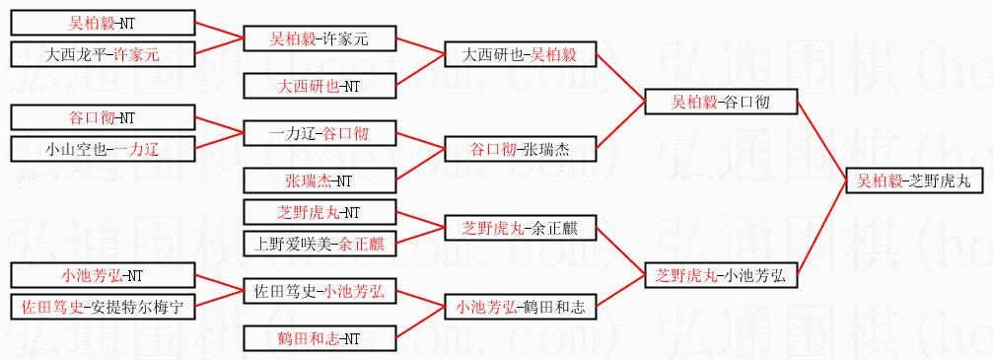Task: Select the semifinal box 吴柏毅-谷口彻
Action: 721,102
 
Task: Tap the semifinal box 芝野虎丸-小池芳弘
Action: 721,276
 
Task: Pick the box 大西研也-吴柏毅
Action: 521,54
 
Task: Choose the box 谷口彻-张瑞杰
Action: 521,150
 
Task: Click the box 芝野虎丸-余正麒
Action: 521,228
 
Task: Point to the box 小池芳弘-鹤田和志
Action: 521,308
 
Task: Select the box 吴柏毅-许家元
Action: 319,38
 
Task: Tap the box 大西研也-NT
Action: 319,86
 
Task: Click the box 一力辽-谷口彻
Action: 319,134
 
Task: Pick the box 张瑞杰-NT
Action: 319,181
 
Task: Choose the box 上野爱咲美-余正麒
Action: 319,244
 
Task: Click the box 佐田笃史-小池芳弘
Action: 319,292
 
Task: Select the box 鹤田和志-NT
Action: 319,339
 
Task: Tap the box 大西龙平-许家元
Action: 104,54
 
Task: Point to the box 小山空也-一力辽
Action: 104,150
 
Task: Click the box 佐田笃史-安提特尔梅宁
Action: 104,308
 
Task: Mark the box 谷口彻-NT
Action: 104,118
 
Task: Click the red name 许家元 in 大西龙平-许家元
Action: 137,54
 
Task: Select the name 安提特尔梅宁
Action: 137,308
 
